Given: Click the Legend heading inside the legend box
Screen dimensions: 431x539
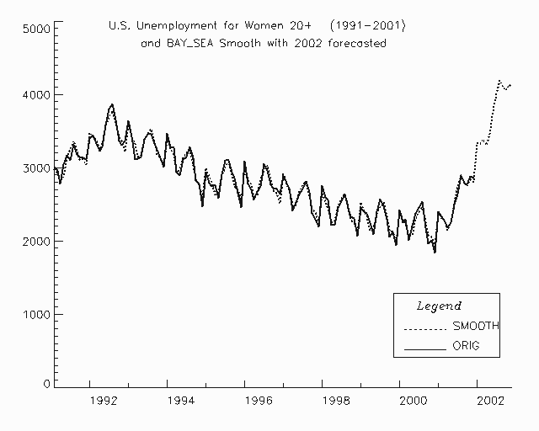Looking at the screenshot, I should [x=440, y=306].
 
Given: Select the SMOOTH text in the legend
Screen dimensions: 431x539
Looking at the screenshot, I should [x=476, y=326].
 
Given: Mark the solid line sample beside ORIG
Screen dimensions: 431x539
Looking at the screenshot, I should [x=424, y=348].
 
